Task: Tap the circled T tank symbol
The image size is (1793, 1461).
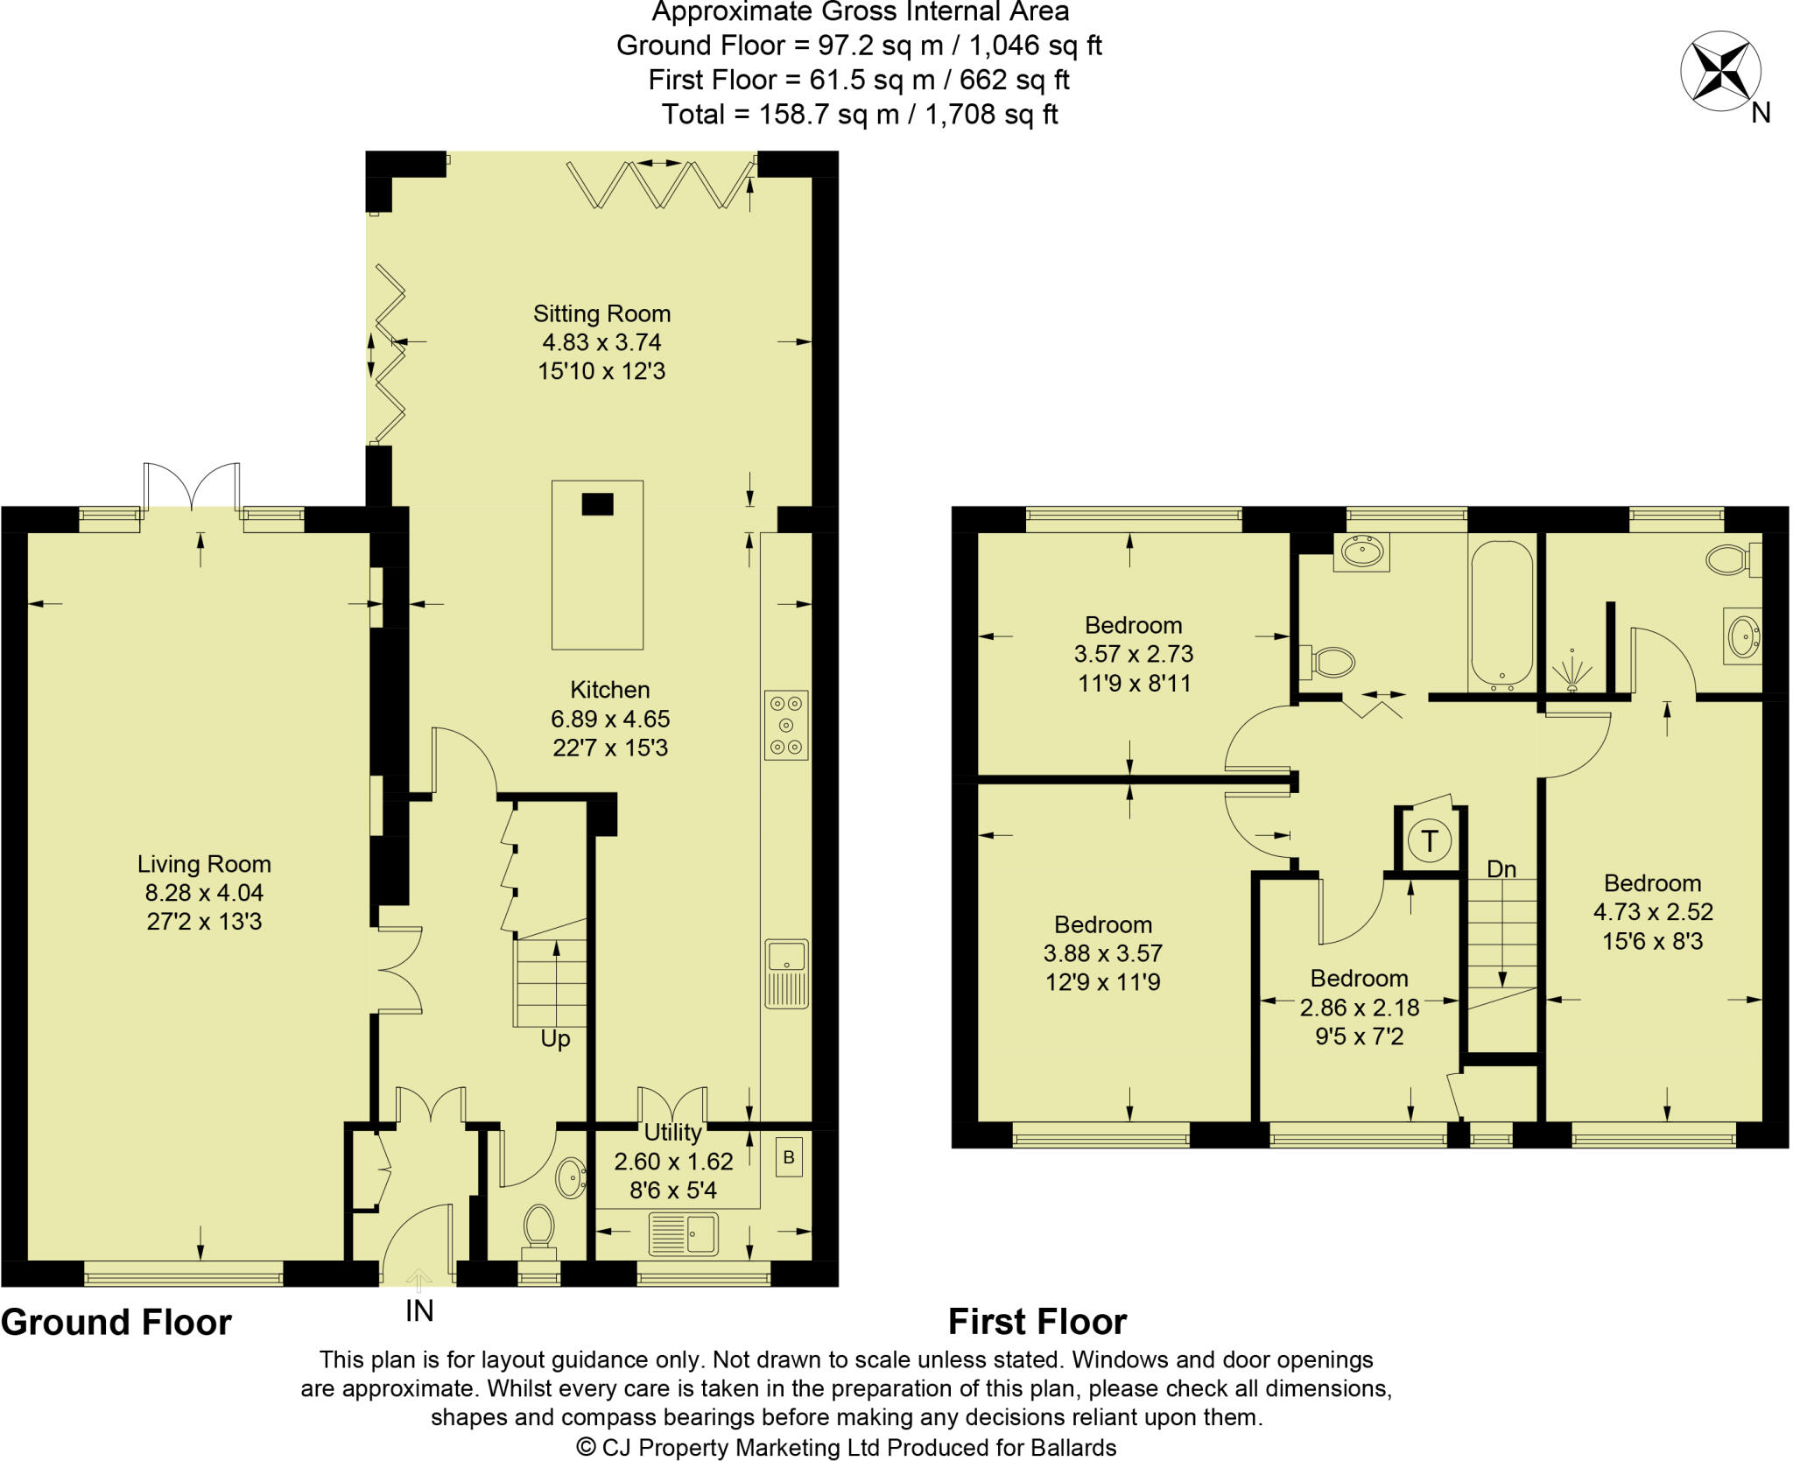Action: (1430, 840)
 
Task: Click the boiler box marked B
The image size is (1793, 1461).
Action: (788, 1158)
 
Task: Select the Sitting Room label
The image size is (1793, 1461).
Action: (601, 313)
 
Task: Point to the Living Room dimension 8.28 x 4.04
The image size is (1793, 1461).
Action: (204, 893)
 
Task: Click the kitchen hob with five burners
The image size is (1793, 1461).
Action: (786, 724)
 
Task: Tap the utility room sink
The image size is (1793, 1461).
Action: (683, 1234)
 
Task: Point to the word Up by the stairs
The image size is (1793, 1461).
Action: (555, 1039)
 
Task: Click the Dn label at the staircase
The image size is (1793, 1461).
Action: (1501, 869)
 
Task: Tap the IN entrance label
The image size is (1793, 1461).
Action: (419, 1310)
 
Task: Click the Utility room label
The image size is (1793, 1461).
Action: (672, 1132)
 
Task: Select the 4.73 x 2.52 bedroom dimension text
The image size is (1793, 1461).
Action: (1652, 912)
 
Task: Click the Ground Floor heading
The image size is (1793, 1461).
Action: (116, 1322)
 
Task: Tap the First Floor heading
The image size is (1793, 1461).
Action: (1037, 1322)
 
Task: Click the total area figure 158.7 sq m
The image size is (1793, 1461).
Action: (814, 115)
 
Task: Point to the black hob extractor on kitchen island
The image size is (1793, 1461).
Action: (598, 504)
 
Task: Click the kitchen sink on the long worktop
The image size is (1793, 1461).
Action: (786, 973)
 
